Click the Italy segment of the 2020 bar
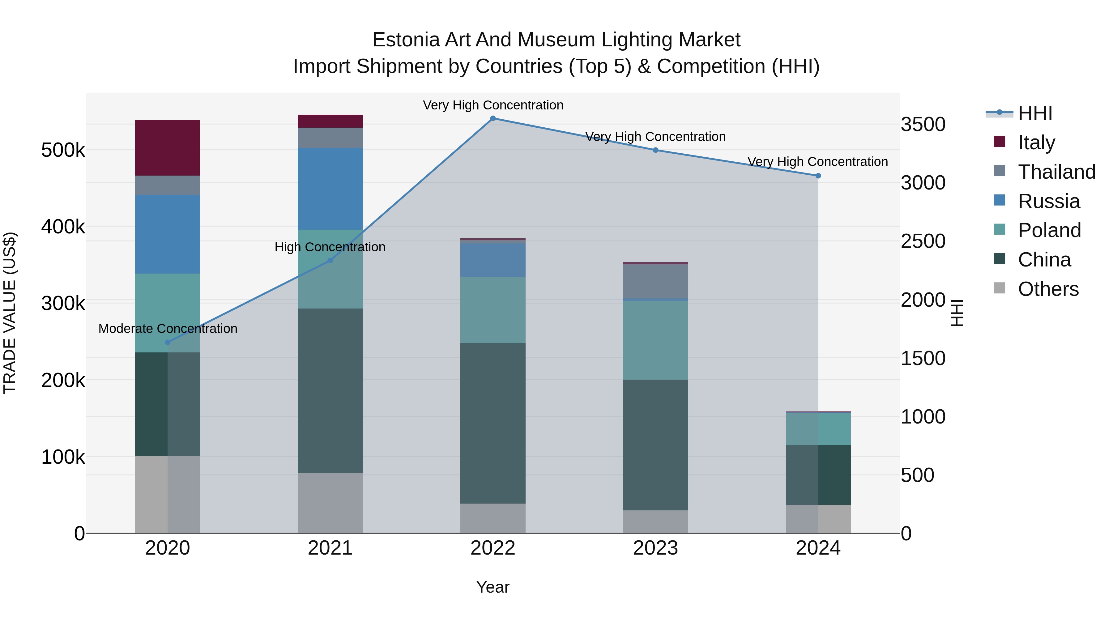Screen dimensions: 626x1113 tap(168, 148)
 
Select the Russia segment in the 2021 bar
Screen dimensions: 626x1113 tap(330, 189)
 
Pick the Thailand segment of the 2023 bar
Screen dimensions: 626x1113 tap(655, 281)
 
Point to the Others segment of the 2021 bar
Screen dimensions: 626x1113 tap(330, 503)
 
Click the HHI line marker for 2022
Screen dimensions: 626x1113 tap(493, 118)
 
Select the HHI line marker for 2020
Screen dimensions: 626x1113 tap(168, 342)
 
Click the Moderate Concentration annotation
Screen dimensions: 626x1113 tap(168, 329)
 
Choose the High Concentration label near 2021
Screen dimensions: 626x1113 tap(330, 247)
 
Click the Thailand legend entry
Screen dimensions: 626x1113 tap(1056, 172)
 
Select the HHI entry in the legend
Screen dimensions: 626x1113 tap(1035, 113)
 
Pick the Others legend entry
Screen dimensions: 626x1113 tap(1048, 289)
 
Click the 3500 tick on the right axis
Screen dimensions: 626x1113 tap(923, 124)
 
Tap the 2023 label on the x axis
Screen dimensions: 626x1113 tap(655, 548)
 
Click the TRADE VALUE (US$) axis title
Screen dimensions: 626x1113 tap(10, 313)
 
